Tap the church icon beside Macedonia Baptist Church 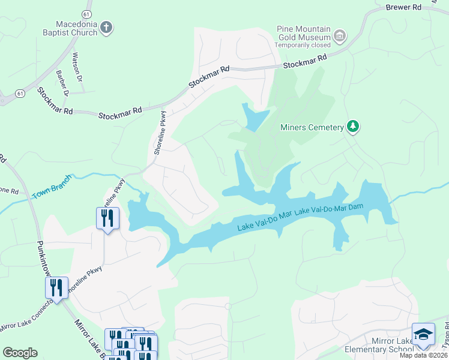[106, 28]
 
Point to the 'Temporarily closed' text [303, 45]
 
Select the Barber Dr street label [62, 83]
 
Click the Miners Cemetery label [312, 127]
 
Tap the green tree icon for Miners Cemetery [354, 127]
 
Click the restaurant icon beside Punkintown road [56, 287]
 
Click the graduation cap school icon [423, 334]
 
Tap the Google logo [20, 353]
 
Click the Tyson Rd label [445, 341]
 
